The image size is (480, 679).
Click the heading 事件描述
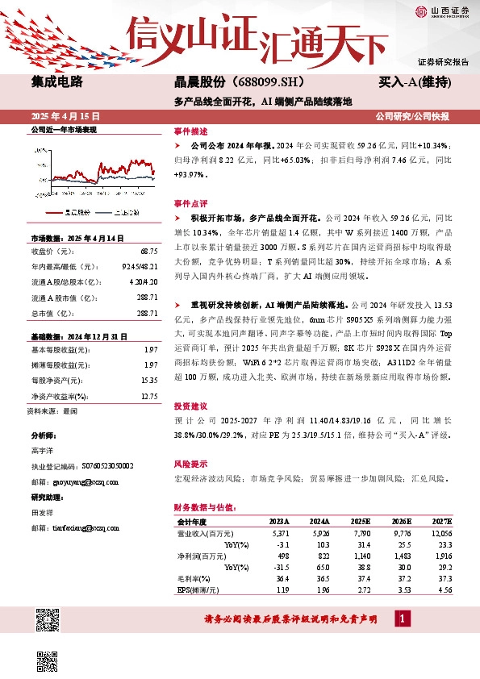coord(190,131)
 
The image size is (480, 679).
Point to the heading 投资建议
coord(190,406)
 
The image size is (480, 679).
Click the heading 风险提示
coord(190,464)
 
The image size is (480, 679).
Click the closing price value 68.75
coord(148,252)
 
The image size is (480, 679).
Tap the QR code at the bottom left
coord(47,621)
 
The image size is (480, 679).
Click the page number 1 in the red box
coord(403,619)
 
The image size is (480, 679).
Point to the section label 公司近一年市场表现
coord(63,129)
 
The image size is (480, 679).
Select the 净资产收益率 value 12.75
coord(148,396)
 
